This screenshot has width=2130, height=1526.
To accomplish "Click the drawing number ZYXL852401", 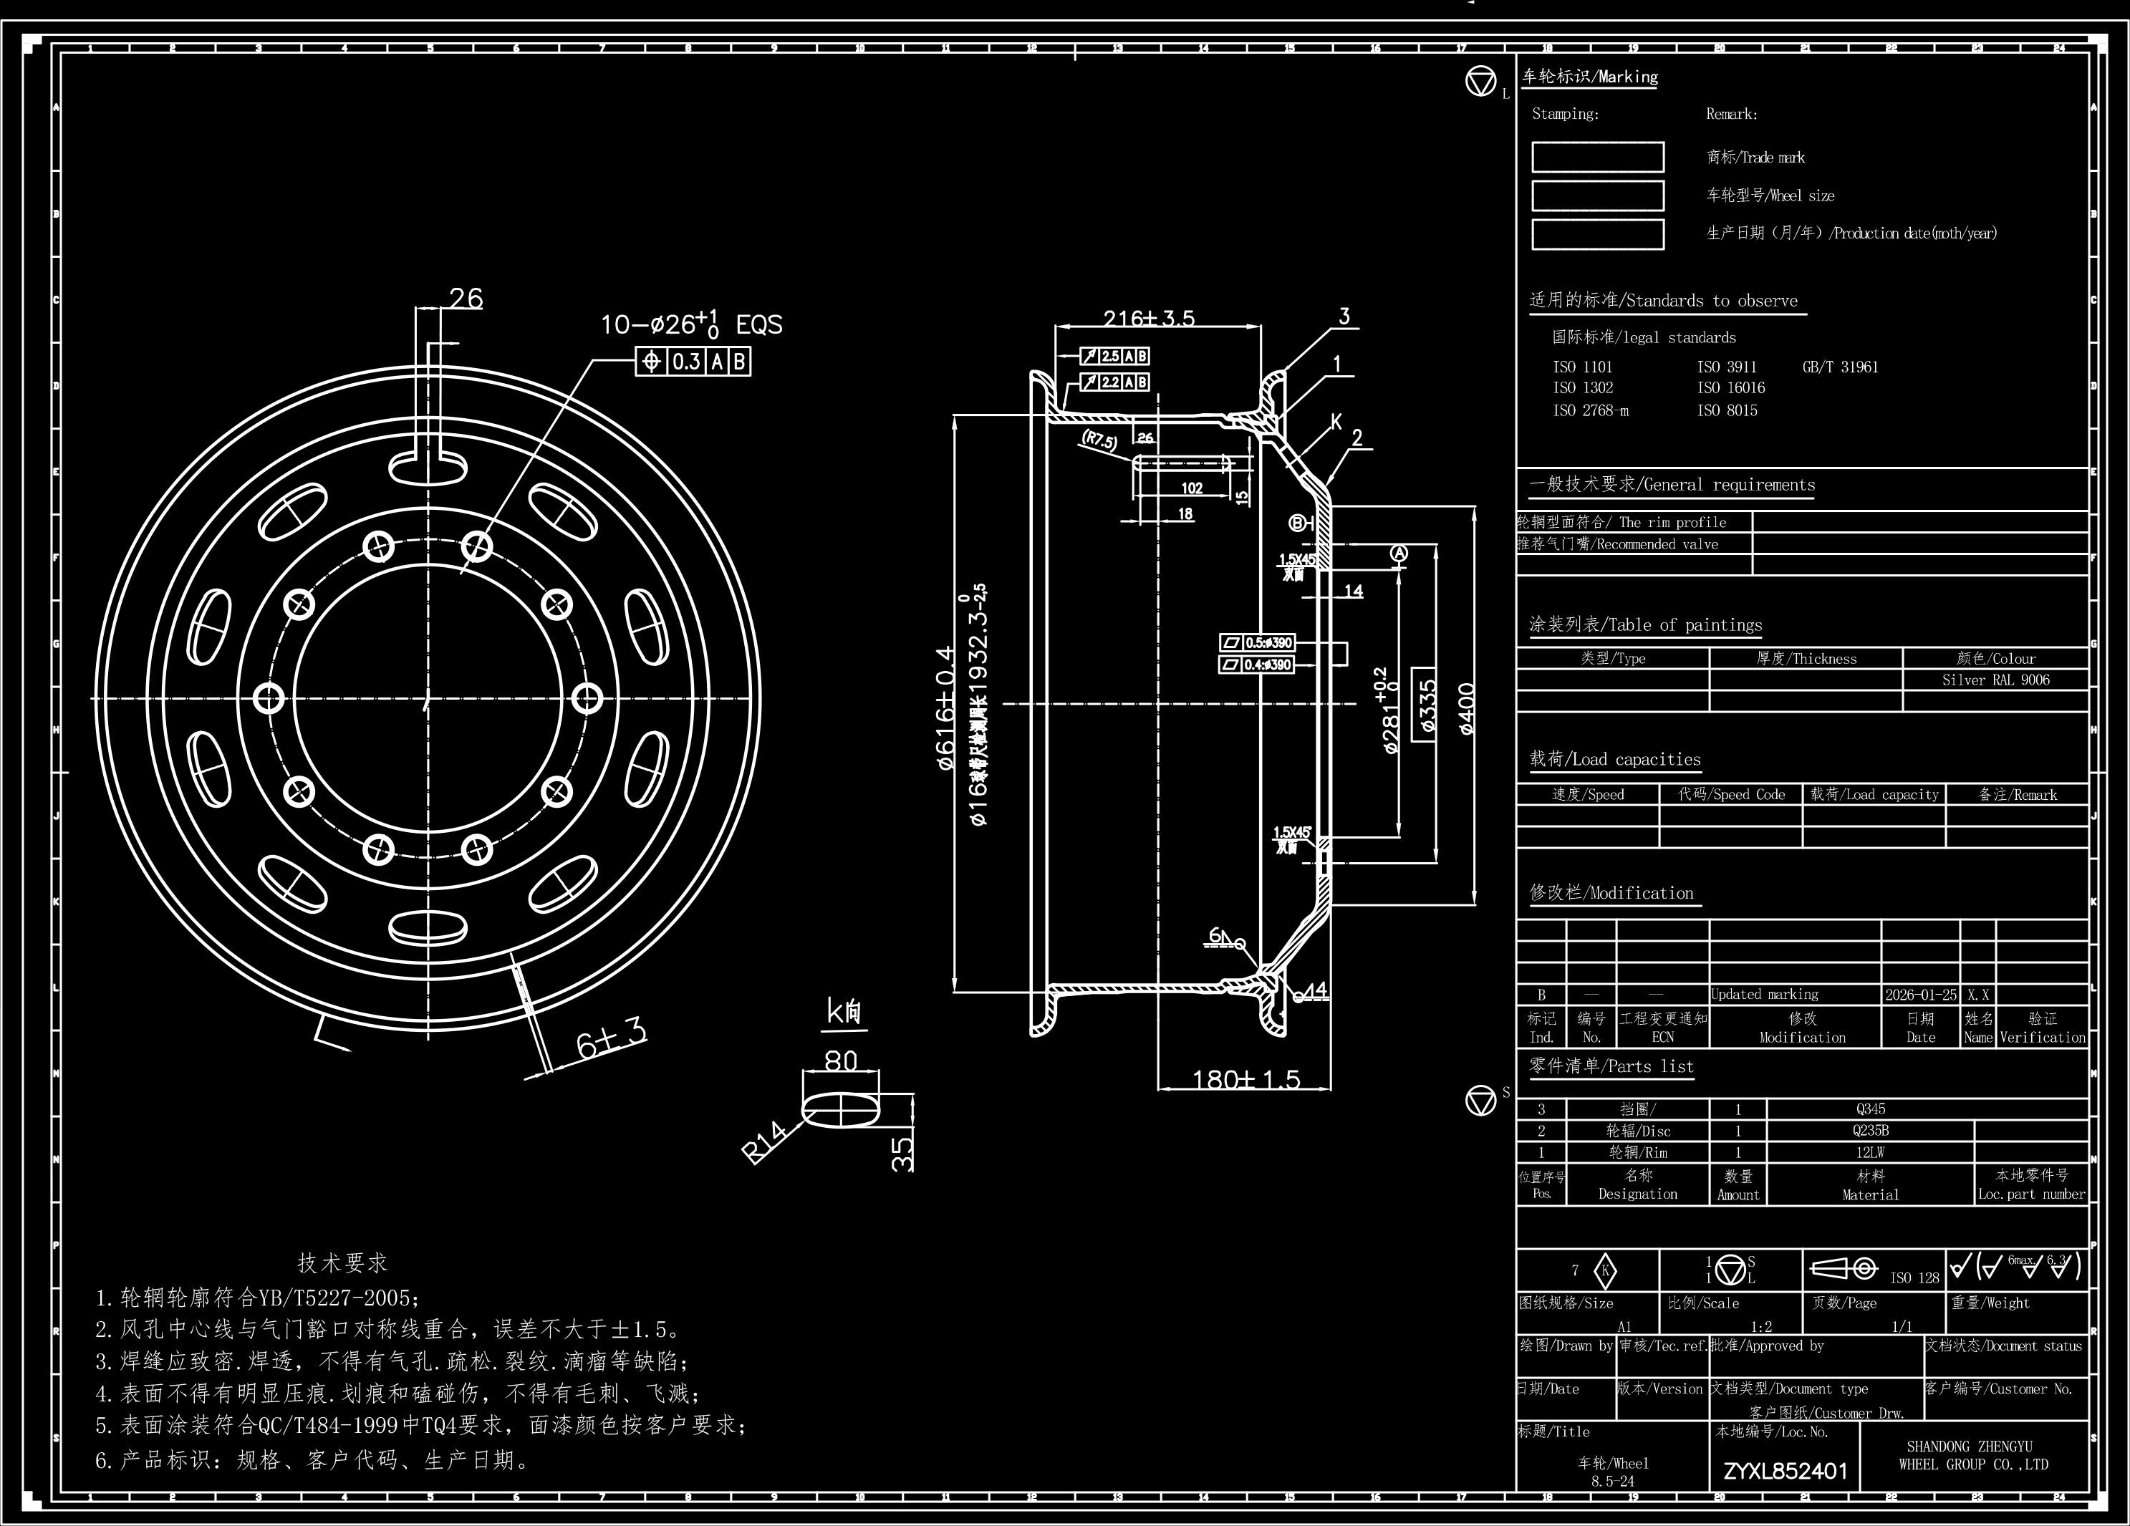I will pyautogui.click(x=1786, y=1472).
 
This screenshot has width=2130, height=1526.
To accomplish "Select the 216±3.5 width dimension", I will pyautogui.click(x=1149, y=319).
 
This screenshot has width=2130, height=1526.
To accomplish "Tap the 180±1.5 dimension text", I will pyautogui.click(x=1245, y=1079).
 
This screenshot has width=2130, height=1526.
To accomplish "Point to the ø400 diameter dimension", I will pyautogui.click(x=1466, y=708).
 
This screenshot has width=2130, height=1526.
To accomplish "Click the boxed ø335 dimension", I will pyautogui.click(x=1426, y=706).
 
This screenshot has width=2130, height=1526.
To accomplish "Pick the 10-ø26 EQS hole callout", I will pyautogui.click(x=691, y=325).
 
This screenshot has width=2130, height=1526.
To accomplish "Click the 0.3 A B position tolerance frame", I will pyautogui.click(x=693, y=362).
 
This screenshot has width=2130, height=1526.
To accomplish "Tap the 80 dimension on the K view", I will pyautogui.click(x=841, y=1061).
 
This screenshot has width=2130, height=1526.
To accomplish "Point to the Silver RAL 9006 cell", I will pyautogui.click(x=1995, y=680).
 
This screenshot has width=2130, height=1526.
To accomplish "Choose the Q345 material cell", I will pyautogui.click(x=1870, y=1109).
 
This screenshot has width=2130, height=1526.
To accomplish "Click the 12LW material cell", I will pyautogui.click(x=1870, y=1152).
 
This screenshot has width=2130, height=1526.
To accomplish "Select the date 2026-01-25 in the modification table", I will pyautogui.click(x=1921, y=995).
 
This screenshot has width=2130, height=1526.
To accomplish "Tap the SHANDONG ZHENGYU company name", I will pyautogui.click(x=1973, y=1454).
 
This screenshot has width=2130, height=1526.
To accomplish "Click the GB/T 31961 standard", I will pyautogui.click(x=1840, y=367).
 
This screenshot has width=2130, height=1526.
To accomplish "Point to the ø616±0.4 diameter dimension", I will pyautogui.click(x=945, y=708).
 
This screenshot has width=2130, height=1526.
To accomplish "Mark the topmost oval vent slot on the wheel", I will pyautogui.click(x=428, y=468).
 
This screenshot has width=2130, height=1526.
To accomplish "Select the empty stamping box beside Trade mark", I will pyautogui.click(x=1597, y=157).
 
